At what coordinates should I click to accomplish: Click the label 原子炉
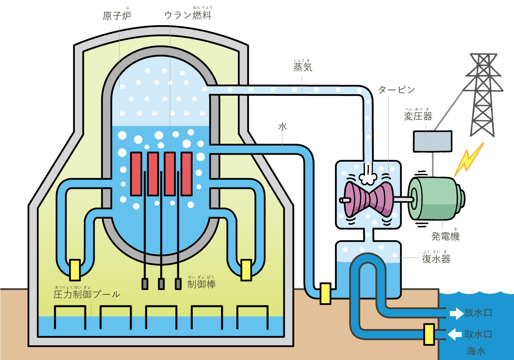[117, 15]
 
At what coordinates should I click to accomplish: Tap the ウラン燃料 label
[188, 15]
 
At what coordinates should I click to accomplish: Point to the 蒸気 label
[303, 67]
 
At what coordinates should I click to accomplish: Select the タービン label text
[397, 90]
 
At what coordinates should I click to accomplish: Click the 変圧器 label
[418, 116]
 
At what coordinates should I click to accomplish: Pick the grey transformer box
[432, 141]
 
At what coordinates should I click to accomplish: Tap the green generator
[435, 198]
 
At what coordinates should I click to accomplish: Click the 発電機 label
[445, 236]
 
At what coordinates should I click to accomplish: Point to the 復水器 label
[436, 259]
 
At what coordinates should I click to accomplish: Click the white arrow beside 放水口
[456, 313]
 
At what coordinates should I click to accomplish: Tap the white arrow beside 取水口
[455, 334]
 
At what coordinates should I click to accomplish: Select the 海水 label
[476, 351]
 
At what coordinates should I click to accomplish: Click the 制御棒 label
[201, 284]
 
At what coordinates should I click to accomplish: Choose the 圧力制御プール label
[87, 294]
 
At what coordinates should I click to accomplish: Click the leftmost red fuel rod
[136, 174]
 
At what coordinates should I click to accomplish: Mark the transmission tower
[483, 95]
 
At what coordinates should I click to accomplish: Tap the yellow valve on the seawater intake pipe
[429, 334]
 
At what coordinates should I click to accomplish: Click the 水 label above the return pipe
[282, 127]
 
